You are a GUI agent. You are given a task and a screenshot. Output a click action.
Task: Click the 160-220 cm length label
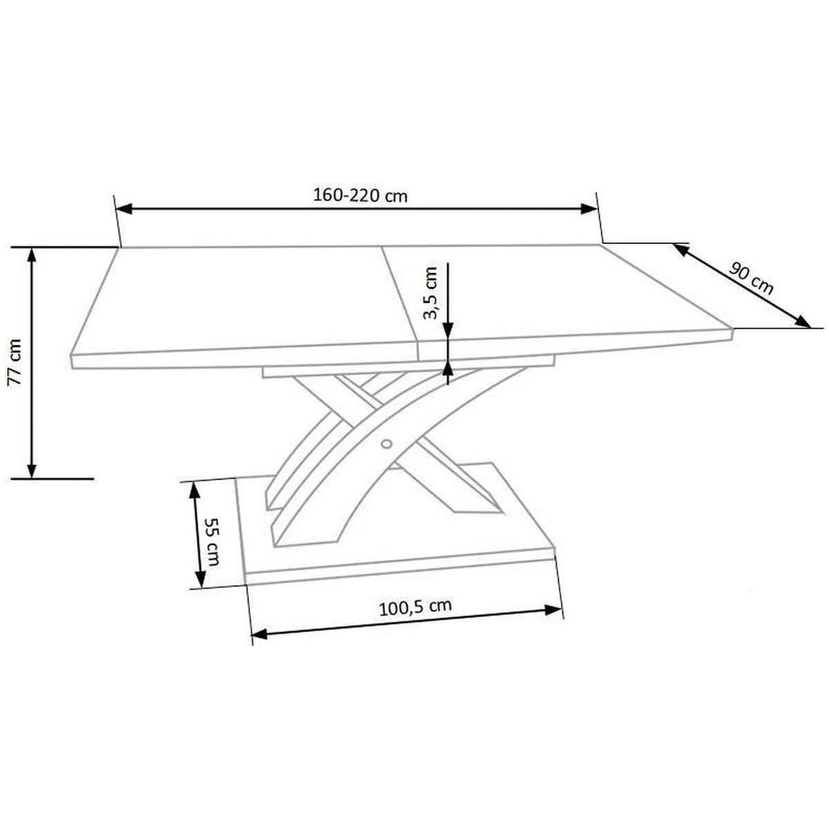361,196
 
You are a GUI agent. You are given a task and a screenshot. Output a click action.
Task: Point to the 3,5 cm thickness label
430,293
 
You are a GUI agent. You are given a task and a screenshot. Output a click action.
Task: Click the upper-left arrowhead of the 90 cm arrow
681,249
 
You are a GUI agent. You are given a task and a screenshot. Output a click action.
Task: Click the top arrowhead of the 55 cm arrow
195,489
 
